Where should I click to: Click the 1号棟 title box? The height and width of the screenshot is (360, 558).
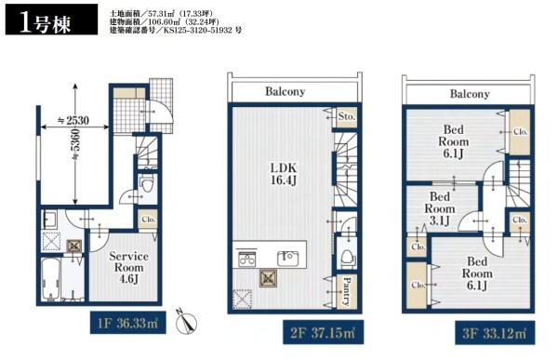pyautogui.click(x=51, y=20)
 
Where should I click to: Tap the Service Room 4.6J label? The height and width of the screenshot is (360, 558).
pyautogui.click(x=128, y=267)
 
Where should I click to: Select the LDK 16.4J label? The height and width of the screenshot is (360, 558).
pyautogui.click(x=284, y=174)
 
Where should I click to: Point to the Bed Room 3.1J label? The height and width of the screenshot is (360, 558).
pyautogui.click(x=440, y=208)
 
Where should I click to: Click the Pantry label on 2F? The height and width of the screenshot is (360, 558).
pyautogui.click(x=346, y=292)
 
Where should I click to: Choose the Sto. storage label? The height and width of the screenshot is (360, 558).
pyautogui.click(x=347, y=116)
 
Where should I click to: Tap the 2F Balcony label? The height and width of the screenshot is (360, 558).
pyautogui.click(x=286, y=91)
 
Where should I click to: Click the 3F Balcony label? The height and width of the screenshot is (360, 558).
pyautogui.click(x=470, y=94)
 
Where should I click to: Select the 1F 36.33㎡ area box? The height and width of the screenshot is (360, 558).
pyautogui.click(x=127, y=323)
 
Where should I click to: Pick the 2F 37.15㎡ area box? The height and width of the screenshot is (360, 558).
pyautogui.click(x=323, y=332)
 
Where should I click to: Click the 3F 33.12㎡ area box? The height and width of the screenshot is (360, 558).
pyautogui.click(x=495, y=333)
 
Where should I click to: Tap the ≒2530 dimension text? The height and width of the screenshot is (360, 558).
pyautogui.click(x=73, y=121)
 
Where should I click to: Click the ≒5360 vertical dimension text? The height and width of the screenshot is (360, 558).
pyautogui.click(x=76, y=144)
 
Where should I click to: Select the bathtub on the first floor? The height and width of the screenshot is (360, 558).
pyautogui.click(x=51, y=279)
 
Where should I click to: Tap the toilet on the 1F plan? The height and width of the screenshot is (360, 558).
pyautogui.click(x=146, y=182)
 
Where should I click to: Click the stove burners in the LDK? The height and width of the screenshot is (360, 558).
pyautogui.click(x=246, y=259)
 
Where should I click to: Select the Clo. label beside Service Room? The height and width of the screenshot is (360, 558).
pyautogui.click(x=149, y=220)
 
